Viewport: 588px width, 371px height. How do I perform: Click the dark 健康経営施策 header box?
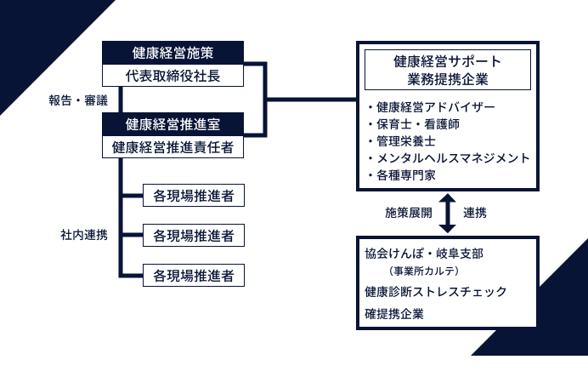[x=172, y=52]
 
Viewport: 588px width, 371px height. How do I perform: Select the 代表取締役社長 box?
[x=172, y=75]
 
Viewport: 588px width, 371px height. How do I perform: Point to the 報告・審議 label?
[x=78, y=100]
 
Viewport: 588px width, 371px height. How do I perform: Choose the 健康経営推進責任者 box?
[x=172, y=147]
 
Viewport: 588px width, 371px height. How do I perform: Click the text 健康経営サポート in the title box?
[x=447, y=61]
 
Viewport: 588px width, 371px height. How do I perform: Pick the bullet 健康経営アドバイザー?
[x=434, y=107]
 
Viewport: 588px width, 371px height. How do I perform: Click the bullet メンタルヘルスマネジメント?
[x=448, y=158]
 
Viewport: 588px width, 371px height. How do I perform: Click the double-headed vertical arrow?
[x=448, y=213]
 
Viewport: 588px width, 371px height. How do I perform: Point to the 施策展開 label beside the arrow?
[x=409, y=213]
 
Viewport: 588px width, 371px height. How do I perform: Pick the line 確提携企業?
[x=394, y=313]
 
